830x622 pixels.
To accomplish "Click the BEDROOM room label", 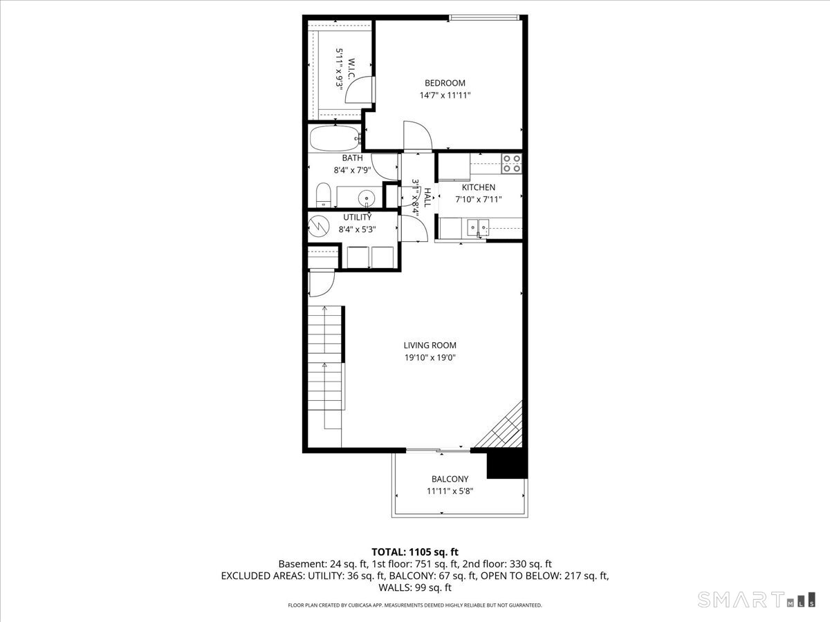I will (445, 83).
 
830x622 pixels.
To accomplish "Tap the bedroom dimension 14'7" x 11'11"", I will (445, 96).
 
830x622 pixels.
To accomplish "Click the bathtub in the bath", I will (335, 139).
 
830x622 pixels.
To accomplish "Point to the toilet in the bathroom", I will (323, 195).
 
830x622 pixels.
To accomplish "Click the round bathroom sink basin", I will (367, 198).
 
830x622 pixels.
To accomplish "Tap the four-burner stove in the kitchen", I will (512, 162).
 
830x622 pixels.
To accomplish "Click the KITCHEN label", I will (479, 187).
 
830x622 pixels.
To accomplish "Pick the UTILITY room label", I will (357, 217).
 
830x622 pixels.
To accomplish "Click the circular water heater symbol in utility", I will (320, 225).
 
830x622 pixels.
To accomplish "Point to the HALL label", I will (427, 198).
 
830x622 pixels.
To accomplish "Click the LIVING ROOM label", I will (430, 346).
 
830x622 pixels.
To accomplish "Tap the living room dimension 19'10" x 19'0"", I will (430, 358).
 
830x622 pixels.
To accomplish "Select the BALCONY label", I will (450, 479).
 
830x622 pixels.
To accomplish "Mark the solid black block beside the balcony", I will (507, 464).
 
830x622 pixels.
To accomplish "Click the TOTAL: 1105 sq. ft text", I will (415, 552).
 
